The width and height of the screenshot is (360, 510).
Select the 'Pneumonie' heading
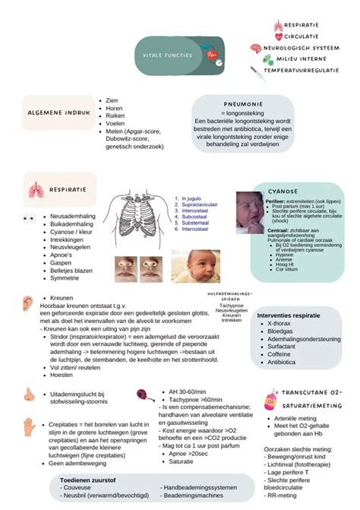pos(243,104)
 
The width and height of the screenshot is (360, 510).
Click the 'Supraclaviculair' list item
pos(200,205)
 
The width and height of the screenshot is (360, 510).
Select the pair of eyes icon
pos(30,218)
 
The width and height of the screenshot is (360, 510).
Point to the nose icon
pos(29,394)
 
